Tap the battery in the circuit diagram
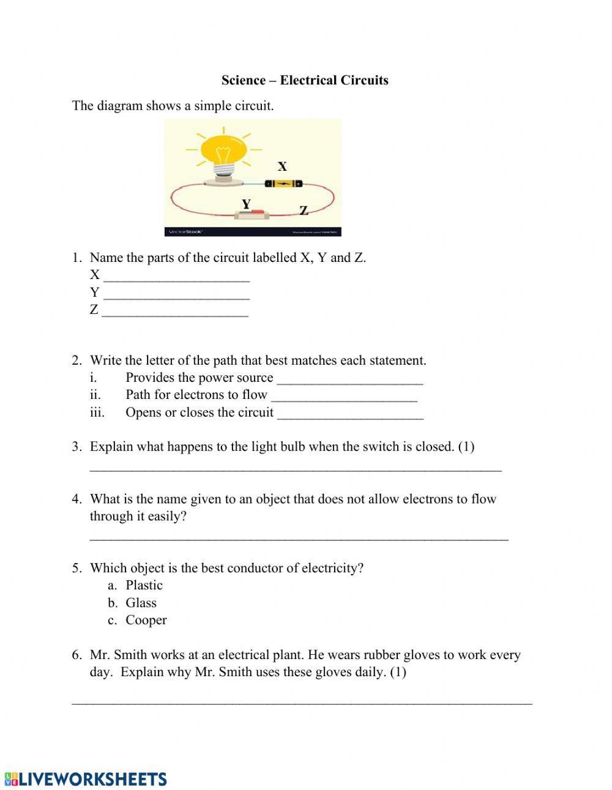pyautogui.click(x=283, y=183)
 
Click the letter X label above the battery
pyautogui.click(x=282, y=166)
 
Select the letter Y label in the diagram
pyautogui.click(x=246, y=204)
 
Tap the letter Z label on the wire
pyautogui.click(x=304, y=211)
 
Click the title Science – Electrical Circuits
pyautogui.click(x=305, y=80)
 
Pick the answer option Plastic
pyautogui.click(x=144, y=585)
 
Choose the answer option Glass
pyautogui.click(x=141, y=603)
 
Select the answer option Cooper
pyautogui.click(x=146, y=620)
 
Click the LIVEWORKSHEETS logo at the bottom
pyautogui.click(x=86, y=779)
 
